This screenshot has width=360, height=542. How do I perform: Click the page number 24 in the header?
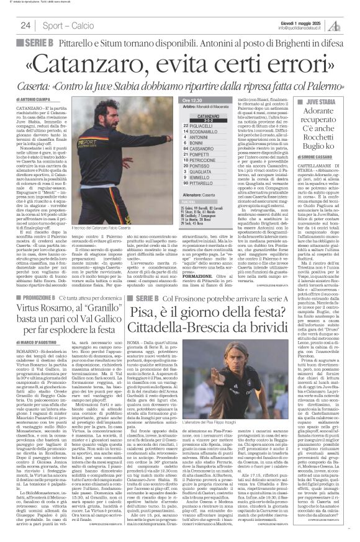pyautogui.click(x=25, y=25)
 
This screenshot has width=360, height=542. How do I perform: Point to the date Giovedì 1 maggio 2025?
pyautogui.click(x=300, y=20)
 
